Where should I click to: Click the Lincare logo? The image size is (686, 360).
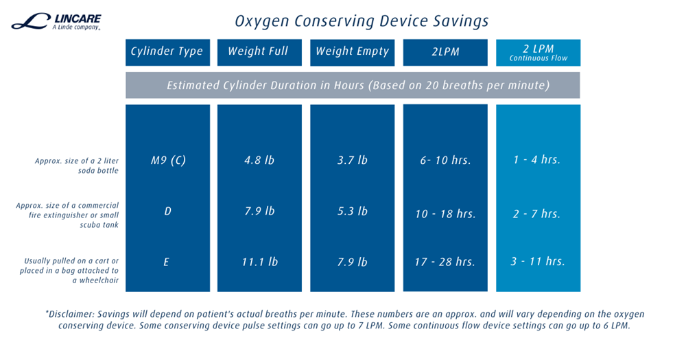(56, 22)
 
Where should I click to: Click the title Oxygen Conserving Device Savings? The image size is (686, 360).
(362, 21)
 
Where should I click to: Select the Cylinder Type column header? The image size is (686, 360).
(167, 51)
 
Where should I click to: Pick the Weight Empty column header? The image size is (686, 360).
(352, 51)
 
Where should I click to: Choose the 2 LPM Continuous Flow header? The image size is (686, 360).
(538, 52)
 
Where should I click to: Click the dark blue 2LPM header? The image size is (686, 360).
(445, 52)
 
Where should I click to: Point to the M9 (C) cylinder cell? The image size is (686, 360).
(168, 160)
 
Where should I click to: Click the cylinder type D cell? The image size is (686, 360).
(167, 211)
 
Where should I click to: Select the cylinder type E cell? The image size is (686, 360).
(167, 263)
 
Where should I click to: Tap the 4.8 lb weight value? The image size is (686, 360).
(260, 160)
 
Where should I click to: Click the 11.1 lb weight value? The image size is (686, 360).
(260, 263)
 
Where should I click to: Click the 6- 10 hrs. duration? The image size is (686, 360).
(446, 161)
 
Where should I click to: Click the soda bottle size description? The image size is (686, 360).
(77, 166)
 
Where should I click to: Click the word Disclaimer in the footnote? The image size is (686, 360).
(73, 314)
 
